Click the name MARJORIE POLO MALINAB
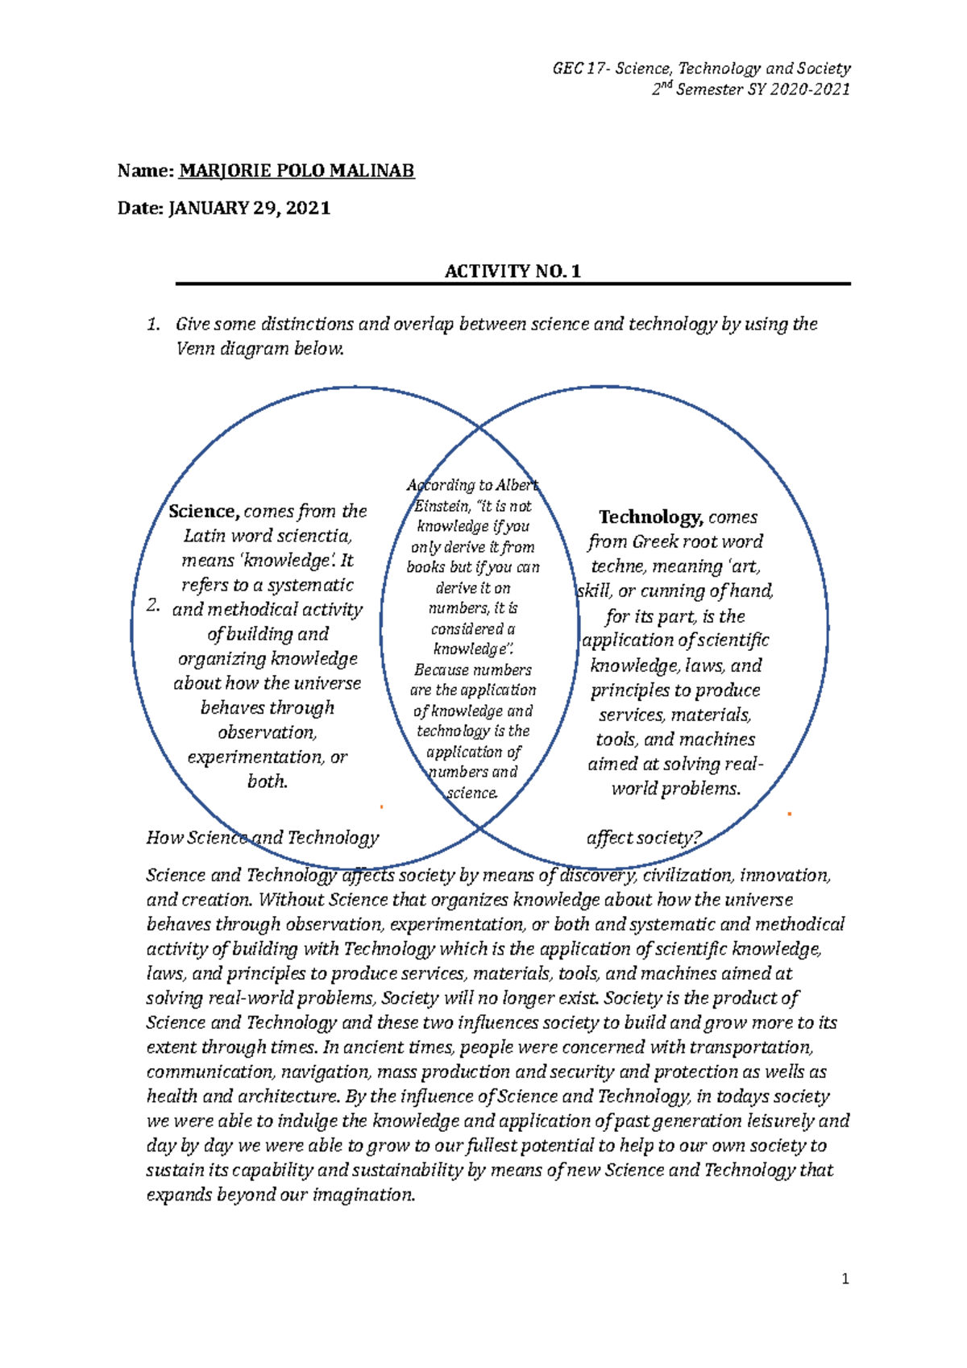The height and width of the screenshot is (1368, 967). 296,171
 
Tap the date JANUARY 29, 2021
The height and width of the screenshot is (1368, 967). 249,208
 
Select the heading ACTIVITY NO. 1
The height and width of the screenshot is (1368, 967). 513,272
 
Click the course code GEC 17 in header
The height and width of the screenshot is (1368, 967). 579,69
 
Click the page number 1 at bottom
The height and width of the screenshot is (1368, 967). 845,1279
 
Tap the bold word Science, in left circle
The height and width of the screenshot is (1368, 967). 204,512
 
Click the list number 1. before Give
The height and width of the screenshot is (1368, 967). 153,325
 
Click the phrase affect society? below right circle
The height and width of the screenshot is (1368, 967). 645,838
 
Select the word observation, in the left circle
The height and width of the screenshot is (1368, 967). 268,732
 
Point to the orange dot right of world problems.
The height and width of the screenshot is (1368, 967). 790,815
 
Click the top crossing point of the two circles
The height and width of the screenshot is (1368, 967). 480,427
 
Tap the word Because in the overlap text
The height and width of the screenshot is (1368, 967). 440,670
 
